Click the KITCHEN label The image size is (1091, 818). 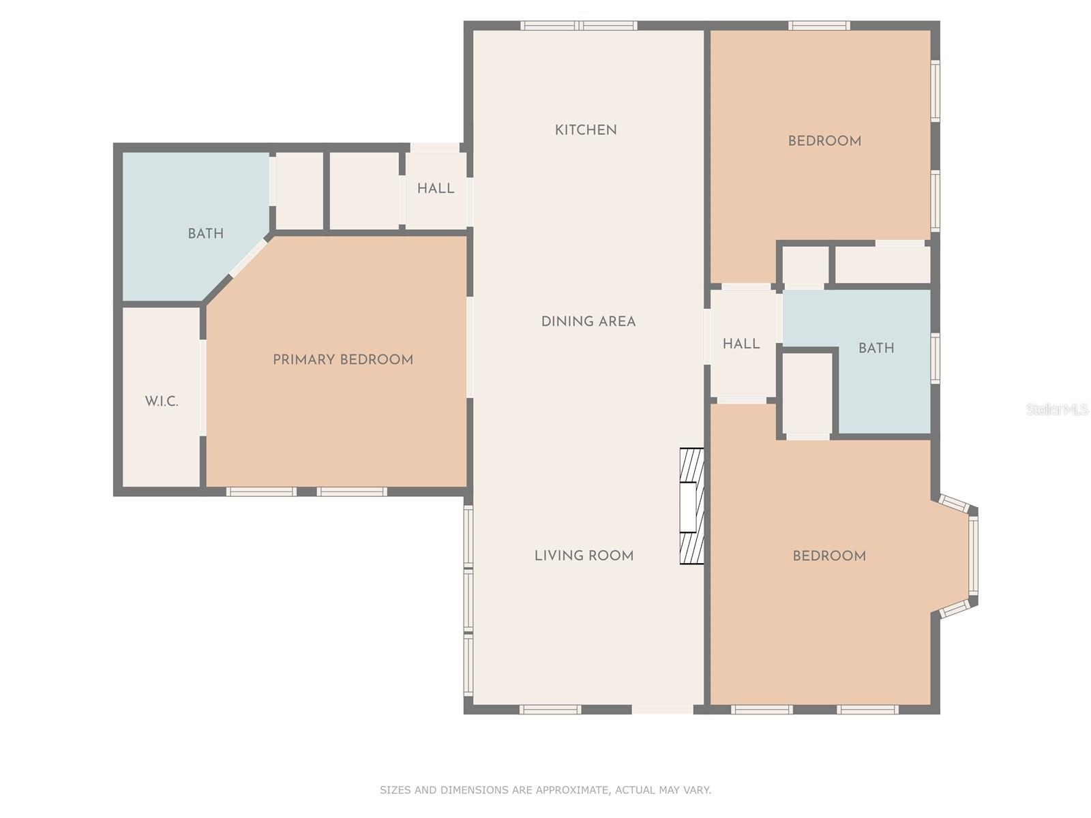586,130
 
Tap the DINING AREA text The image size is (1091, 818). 588,321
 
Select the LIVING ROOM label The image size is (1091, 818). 584,556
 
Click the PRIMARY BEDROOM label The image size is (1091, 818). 343,359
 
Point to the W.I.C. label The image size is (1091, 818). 162,401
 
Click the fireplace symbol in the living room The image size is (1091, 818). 691,506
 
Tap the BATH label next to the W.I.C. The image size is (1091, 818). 205,233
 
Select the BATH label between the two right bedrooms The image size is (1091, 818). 876,348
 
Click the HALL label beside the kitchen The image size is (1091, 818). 436,188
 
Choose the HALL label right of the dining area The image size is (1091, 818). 741,344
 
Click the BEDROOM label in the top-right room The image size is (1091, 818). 824,141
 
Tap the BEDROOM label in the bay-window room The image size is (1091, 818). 829,556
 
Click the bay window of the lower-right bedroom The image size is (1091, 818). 972,556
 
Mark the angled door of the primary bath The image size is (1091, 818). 248,258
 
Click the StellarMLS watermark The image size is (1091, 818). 1056,409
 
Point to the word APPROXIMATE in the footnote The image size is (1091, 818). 571,790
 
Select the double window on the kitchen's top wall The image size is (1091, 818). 579,26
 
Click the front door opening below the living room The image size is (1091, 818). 662,710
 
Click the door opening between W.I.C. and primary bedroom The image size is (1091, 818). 203,387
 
